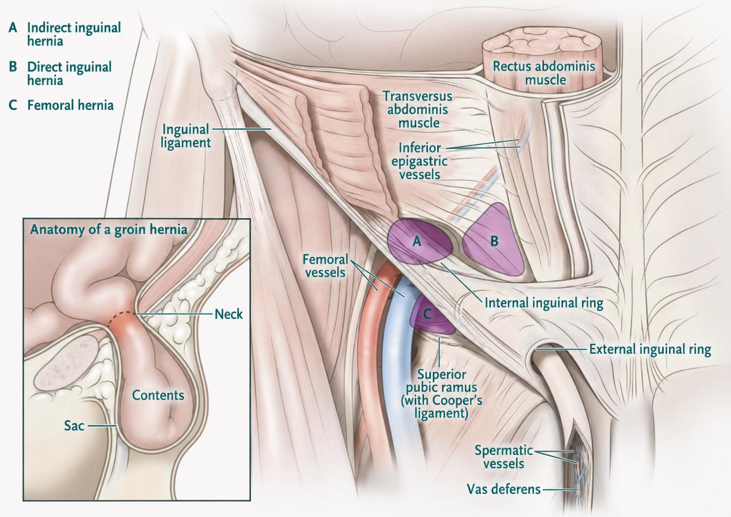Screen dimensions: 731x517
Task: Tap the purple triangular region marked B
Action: pos(493,242)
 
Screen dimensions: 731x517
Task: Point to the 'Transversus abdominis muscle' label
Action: pos(418,110)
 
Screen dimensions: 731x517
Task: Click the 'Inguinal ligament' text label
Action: pos(186,136)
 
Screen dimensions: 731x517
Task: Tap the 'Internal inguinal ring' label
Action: pos(544,303)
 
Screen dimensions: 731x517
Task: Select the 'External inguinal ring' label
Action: pos(650,350)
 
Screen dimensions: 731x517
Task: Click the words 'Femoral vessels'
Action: pos(326,266)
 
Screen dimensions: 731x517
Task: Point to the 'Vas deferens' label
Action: pos(504,489)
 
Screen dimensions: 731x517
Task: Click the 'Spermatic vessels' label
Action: pos(504,457)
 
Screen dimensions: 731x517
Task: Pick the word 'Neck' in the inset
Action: pos(229,314)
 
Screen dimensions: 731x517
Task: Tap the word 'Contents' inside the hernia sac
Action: pos(158,395)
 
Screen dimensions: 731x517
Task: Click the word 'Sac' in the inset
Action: pos(74,426)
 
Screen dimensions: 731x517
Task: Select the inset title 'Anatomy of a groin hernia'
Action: pos(109,230)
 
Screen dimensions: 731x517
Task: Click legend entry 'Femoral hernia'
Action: pos(71,105)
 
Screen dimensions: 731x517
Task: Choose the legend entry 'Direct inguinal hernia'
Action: pos(70,74)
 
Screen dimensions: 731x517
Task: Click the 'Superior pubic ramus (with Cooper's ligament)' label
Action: pos(441,394)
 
